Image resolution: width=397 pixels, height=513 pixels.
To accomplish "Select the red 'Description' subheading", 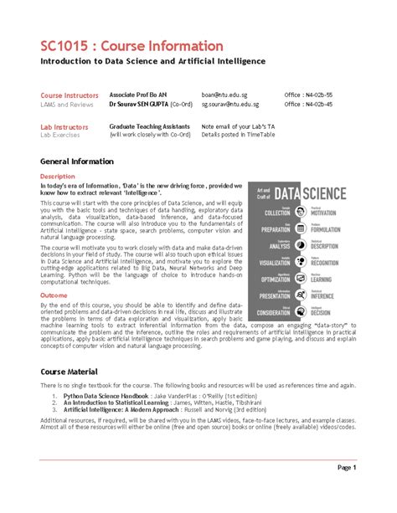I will click(x=58, y=177).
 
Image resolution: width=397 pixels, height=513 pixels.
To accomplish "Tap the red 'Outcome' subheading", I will click(x=54, y=295).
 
